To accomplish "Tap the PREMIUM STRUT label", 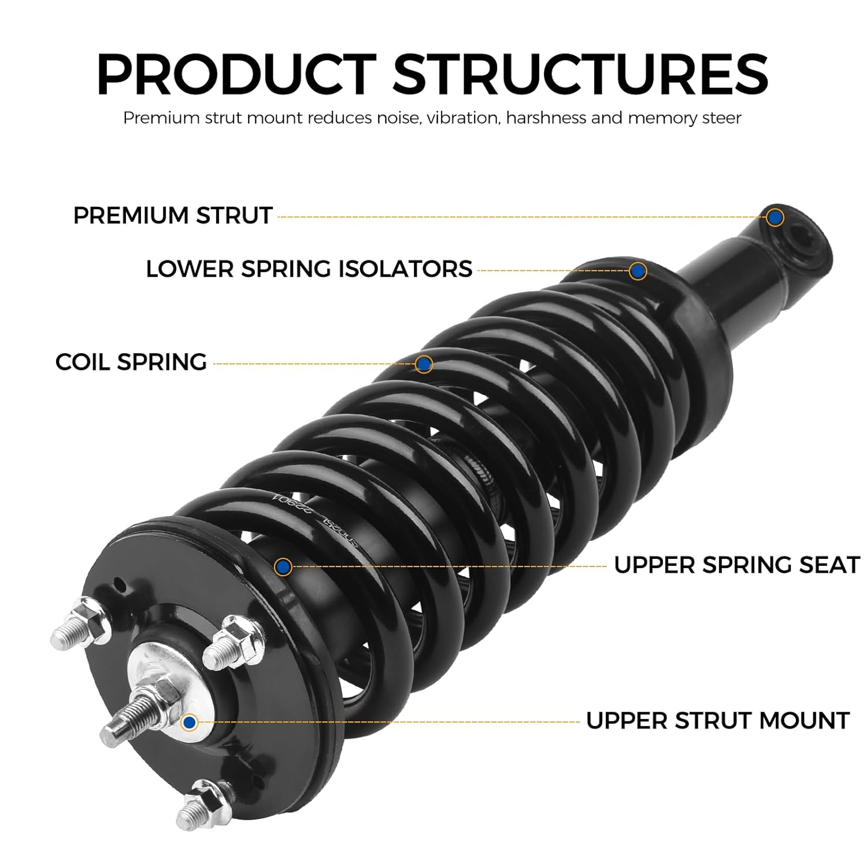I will [x=172, y=216].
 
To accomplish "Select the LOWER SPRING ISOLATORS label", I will [x=309, y=269].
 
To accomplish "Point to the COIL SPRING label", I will [x=131, y=362].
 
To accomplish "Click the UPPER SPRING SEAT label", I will [x=737, y=565].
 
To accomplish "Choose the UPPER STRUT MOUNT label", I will [x=717, y=721].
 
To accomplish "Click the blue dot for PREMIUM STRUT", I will [x=775, y=217].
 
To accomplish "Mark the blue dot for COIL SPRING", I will [x=424, y=364].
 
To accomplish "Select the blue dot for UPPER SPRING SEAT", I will [x=283, y=567].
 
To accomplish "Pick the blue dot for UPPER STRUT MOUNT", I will [x=189, y=722].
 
